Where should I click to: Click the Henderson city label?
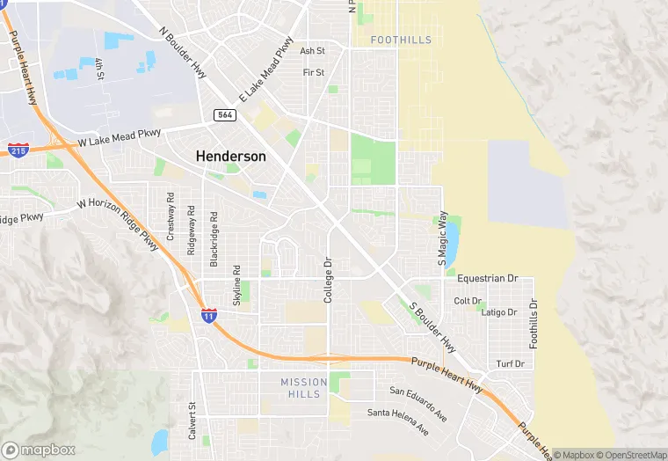pyautogui.click(x=230, y=156)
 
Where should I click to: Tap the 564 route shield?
pyautogui.click(x=223, y=115)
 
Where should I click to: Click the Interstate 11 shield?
pyautogui.click(x=208, y=314)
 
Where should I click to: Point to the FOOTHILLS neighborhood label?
pyautogui.click(x=401, y=40)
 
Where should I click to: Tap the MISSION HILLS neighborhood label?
pyautogui.click(x=304, y=388)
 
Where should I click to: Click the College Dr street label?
pyautogui.click(x=328, y=281)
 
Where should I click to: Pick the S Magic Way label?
pyautogui.click(x=443, y=239)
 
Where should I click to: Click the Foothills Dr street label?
pyautogui.click(x=533, y=323)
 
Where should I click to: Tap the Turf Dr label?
pyautogui.click(x=510, y=363)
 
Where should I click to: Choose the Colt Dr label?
pyautogui.click(x=468, y=301)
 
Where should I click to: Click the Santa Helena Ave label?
pyautogui.click(x=398, y=419)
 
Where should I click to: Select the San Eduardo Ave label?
pyautogui.click(x=418, y=400)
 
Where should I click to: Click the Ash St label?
pyautogui.click(x=313, y=51)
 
